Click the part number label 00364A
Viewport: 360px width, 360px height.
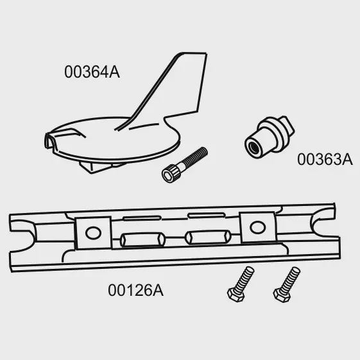(92, 72)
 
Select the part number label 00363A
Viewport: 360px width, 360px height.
(325, 159)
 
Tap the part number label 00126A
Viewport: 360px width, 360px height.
(135, 290)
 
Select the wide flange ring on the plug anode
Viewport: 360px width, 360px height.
(276, 133)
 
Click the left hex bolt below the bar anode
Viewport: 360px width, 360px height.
(241, 284)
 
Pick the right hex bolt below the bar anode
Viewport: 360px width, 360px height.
(286, 284)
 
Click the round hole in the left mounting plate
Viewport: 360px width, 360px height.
(93, 232)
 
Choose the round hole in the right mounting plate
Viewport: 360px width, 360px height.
(257, 227)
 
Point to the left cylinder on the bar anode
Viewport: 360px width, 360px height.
(142, 240)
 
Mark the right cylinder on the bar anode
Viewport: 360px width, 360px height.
(208, 237)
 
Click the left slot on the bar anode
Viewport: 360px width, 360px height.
(142, 218)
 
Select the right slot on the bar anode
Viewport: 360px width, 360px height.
(207, 216)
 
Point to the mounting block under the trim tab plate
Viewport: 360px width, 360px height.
(101, 166)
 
